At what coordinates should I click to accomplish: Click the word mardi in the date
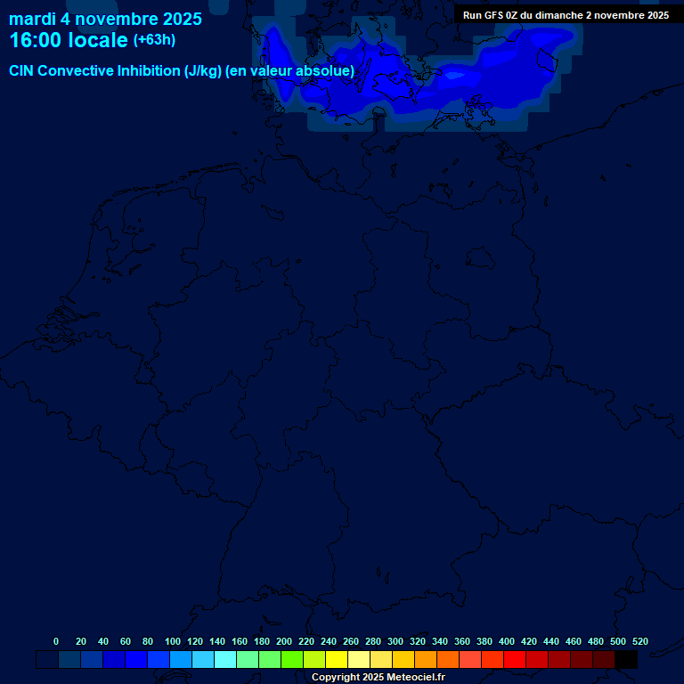pos(32,19)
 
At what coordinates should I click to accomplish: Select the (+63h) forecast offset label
pos(154,40)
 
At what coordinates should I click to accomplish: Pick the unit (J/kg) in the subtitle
pos(203,71)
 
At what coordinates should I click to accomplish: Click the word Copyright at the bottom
pos(335,678)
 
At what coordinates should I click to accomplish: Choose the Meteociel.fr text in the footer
pos(415,678)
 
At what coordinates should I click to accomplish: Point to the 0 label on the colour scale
pos(56,641)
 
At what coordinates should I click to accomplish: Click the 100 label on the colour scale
pos(172,641)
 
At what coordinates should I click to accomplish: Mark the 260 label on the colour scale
pos(350,641)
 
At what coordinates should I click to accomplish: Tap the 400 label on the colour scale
pos(506,641)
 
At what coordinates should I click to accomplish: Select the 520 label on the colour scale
pos(639,641)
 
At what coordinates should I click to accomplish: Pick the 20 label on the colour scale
pos(81,641)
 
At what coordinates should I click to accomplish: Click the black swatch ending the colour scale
pos(626,660)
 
